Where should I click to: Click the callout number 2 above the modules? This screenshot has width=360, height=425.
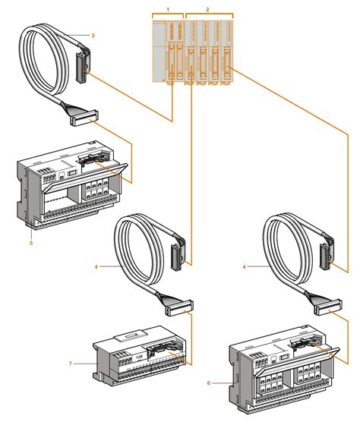tap(208, 7)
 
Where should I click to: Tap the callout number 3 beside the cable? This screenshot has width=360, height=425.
tap(93, 36)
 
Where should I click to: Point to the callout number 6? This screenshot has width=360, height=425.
tap(208, 384)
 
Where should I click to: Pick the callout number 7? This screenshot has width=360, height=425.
tap(70, 364)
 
